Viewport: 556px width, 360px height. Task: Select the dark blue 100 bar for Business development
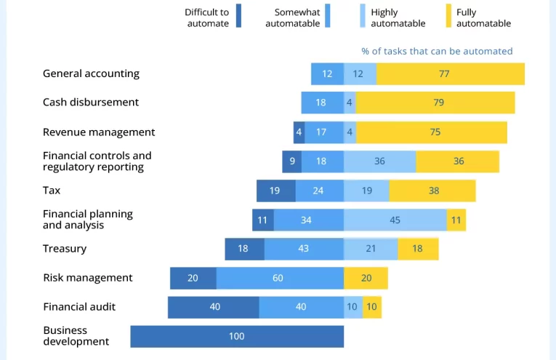coord(237,336)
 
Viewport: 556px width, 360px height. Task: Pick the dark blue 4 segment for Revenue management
coord(299,132)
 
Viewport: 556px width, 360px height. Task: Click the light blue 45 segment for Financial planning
coord(395,220)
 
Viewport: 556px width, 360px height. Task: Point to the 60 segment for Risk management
coord(280,278)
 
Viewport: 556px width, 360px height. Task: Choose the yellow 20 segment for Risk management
coord(366,278)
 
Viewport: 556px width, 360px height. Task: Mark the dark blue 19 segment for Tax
coord(275,191)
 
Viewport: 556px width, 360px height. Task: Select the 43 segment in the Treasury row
coord(304,249)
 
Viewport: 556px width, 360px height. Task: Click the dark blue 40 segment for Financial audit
coord(214,307)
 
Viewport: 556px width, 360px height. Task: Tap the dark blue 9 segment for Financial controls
coord(291,161)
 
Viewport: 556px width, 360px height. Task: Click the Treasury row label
coord(65,249)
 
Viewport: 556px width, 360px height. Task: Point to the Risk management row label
coord(88,278)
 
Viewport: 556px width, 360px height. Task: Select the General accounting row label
coord(91,73)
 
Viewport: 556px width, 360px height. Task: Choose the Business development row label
coord(76,336)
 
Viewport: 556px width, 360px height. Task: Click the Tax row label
coord(52,191)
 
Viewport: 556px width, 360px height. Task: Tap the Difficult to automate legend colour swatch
coord(238,16)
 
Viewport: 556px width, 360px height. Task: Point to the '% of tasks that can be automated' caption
coord(437,51)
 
